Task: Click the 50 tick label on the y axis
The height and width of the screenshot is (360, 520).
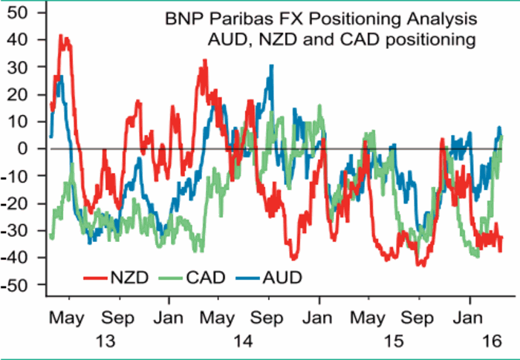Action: pos(18,13)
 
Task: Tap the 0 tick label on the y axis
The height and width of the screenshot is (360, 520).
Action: pos(24,149)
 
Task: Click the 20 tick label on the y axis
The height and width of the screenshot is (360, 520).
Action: pos(18,95)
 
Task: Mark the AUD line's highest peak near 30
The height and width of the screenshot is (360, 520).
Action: pos(272,66)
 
